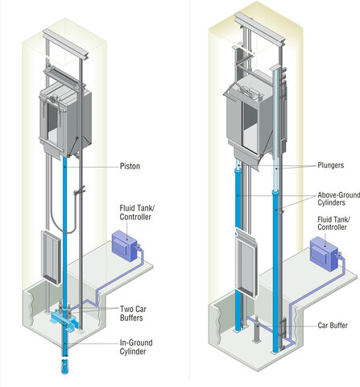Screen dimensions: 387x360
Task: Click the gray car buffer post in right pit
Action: pos(255,330)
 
